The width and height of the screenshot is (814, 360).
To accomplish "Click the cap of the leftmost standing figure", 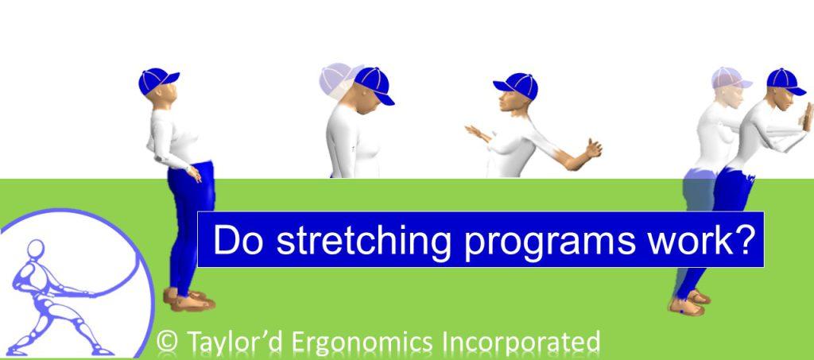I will point(157,79).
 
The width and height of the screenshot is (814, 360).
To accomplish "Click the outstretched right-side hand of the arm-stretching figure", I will point(591,149).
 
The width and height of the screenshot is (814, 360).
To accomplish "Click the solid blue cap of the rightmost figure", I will point(785,80).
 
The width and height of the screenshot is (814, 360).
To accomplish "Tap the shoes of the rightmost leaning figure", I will point(688,302).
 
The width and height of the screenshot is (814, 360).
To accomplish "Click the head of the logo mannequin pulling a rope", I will point(36,249).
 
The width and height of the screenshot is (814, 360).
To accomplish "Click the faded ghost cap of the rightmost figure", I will point(729,78).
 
